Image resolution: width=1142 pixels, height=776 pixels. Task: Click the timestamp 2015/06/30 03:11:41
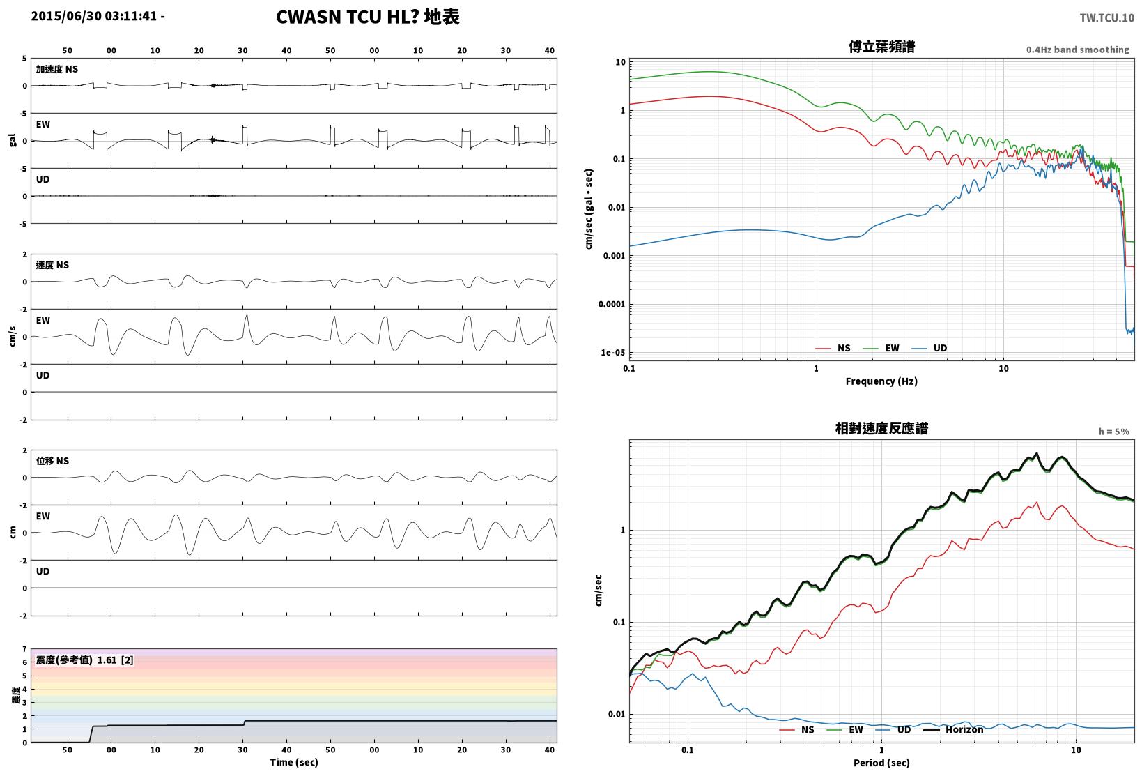pyautogui.click(x=94, y=16)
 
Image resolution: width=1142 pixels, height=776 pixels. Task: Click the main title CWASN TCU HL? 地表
pyautogui.click(x=368, y=17)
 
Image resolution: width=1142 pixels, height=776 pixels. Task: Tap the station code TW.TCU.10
pyautogui.click(x=1107, y=18)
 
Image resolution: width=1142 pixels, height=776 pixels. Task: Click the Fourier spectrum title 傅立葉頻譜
pyautogui.click(x=881, y=47)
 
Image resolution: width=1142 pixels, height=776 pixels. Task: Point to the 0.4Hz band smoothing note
pyautogui.click(x=1078, y=50)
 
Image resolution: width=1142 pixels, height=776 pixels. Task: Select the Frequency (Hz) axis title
pyautogui.click(x=881, y=381)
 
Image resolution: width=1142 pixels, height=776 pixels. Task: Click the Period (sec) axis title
pyautogui.click(x=881, y=763)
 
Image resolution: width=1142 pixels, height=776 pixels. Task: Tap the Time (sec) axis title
pyautogui.click(x=294, y=762)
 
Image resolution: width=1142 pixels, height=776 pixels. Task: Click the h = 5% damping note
pyautogui.click(x=1114, y=432)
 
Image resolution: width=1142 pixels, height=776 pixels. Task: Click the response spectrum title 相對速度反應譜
pyautogui.click(x=881, y=428)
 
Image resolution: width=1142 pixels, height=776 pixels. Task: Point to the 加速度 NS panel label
pyautogui.click(x=57, y=69)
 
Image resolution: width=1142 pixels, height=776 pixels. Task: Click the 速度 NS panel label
pyautogui.click(x=52, y=265)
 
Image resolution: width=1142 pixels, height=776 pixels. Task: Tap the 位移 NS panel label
pyautogui.click(x=52, y=461)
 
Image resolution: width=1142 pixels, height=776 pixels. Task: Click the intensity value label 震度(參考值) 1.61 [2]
pyautogui.click(x=84, y=660)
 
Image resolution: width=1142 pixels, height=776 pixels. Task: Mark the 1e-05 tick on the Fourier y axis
pyautogui.click(x=612, y=353)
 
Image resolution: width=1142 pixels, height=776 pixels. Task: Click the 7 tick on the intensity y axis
pyautogui.click(x=24, y=649)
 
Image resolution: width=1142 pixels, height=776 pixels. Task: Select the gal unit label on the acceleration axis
pyautogui.click(x=13, y=140)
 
